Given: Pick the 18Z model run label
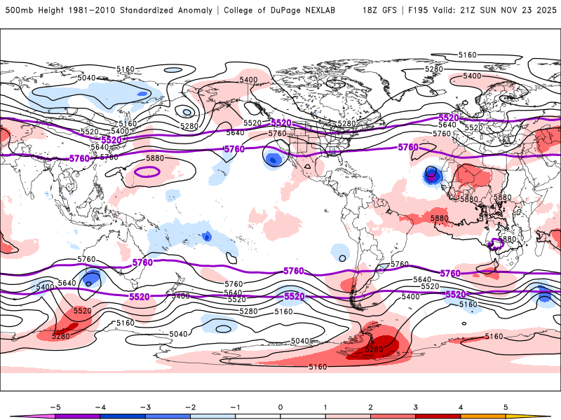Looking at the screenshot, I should coord(371,10).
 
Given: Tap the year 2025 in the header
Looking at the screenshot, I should coord(544,10).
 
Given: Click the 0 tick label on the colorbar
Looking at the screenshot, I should coord(280,406).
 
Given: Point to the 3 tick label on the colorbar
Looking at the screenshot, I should coord(416,406).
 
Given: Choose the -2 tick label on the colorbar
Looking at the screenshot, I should coord(189,406).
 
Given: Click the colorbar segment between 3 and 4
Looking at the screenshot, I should coord(438,415).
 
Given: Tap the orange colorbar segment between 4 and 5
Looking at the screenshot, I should coord(483,415).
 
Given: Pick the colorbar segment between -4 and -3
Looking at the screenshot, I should coord(122,415).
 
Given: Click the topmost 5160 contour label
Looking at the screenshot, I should coord(467,55).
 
